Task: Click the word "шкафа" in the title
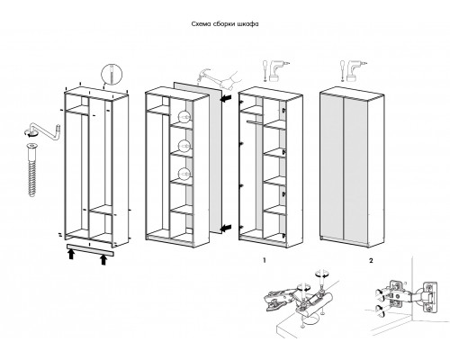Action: point(247,24)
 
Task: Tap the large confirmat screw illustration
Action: point(31,170)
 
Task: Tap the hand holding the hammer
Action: point(231,79)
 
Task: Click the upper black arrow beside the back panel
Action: point(227,98)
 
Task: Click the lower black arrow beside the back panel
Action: point(227,229)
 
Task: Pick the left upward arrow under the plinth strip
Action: point(71,255)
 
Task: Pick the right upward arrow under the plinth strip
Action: point(103,259)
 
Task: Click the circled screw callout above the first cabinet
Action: point(112,76)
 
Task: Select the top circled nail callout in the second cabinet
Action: point(184,117)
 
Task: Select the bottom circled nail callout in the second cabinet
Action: point(184,174)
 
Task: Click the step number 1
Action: point(265,260)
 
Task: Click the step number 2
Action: point(371,260)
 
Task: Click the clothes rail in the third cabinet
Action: point(255,122)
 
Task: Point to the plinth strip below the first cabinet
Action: point(91,250)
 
